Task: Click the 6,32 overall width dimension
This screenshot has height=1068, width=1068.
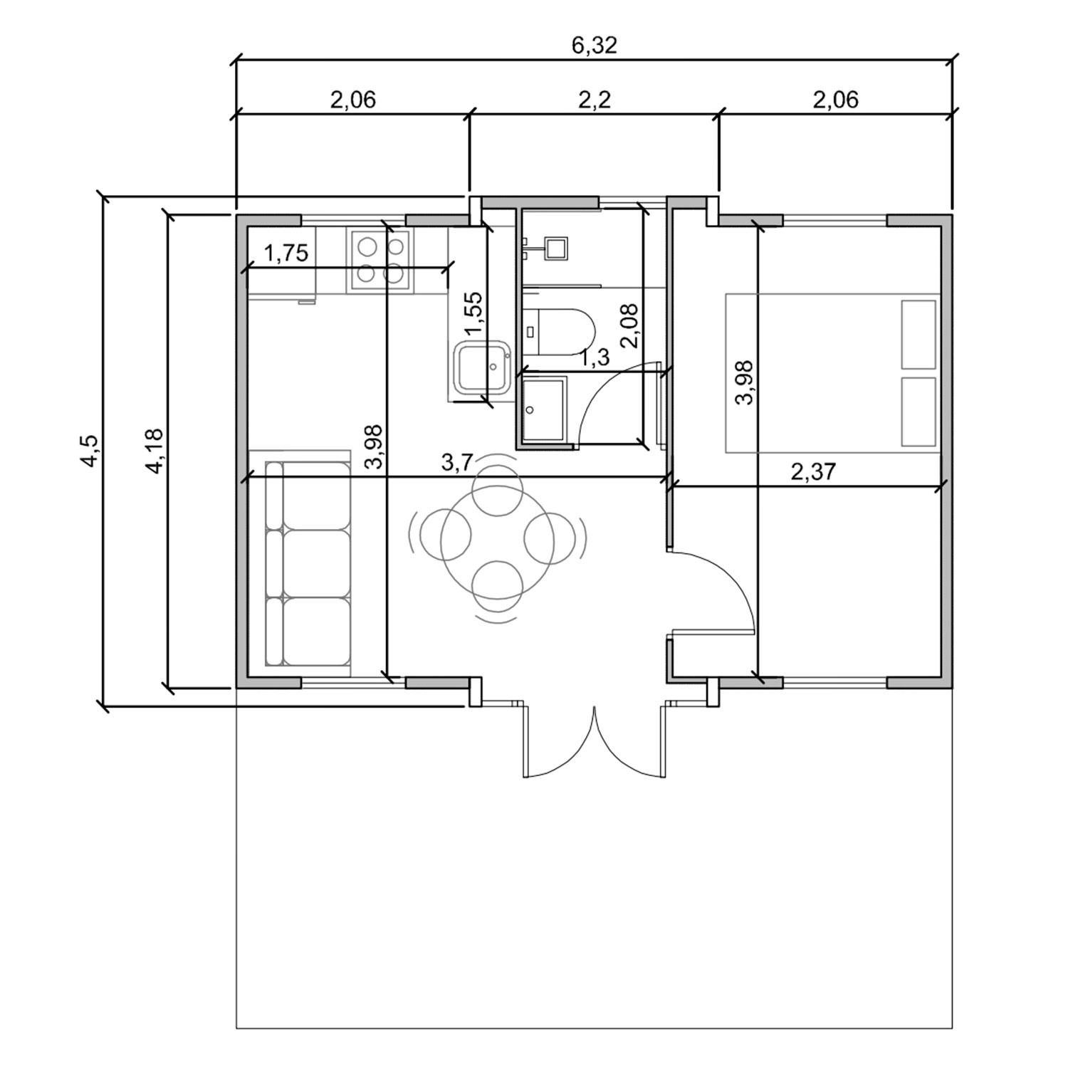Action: point(595,45)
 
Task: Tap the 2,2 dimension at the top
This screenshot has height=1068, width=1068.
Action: point(595,100)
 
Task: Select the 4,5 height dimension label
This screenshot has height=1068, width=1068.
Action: point(91,451)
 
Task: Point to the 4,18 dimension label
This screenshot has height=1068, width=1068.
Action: point(154,451)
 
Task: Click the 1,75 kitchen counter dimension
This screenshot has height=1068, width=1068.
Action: point(286,253)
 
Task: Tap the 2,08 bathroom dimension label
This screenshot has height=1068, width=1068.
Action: point(629,325)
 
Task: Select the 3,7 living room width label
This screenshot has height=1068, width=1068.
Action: point(456,463)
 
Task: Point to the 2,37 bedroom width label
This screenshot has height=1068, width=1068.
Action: point(812,471)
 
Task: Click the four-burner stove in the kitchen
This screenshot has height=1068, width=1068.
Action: point(379,260)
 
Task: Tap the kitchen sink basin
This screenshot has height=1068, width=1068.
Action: point(482,368)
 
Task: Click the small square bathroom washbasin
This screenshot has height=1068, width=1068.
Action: point(555,248)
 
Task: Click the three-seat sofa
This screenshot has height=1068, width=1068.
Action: point(308,562)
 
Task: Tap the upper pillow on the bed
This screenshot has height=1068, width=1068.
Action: point(918,335)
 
